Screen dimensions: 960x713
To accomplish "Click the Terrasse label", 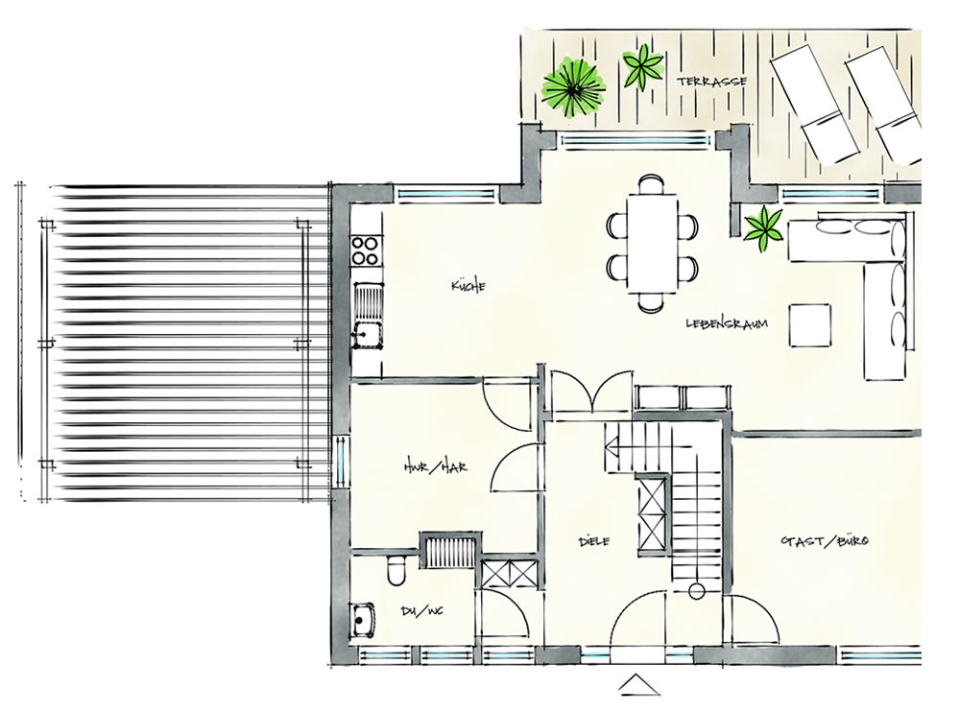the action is coord(711,82).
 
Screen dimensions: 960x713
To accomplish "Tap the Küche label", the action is coord(468,285).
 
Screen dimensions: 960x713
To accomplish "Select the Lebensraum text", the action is coord(727,323).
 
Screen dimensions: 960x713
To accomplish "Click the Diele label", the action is coord(594,541).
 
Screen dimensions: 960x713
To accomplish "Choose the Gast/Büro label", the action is coord(825,541).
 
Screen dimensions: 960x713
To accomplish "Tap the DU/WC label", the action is coord(421,610).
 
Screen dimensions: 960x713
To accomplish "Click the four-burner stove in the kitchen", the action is coord(365,250).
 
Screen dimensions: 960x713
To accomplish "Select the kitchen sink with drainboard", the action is coord(367,316).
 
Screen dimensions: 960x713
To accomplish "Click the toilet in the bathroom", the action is coord(396,570).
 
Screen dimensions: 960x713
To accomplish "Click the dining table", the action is coord(652,243).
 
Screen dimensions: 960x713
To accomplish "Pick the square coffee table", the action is coord(809,325).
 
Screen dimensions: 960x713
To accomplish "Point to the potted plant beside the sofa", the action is coord(763,229).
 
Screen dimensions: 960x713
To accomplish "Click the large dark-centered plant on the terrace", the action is coord(573,87).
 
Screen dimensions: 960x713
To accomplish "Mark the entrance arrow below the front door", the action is coord(638,685).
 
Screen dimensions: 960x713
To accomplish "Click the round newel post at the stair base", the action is coord(696,591).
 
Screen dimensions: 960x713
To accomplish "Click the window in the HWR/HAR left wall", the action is coord(341,461).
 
